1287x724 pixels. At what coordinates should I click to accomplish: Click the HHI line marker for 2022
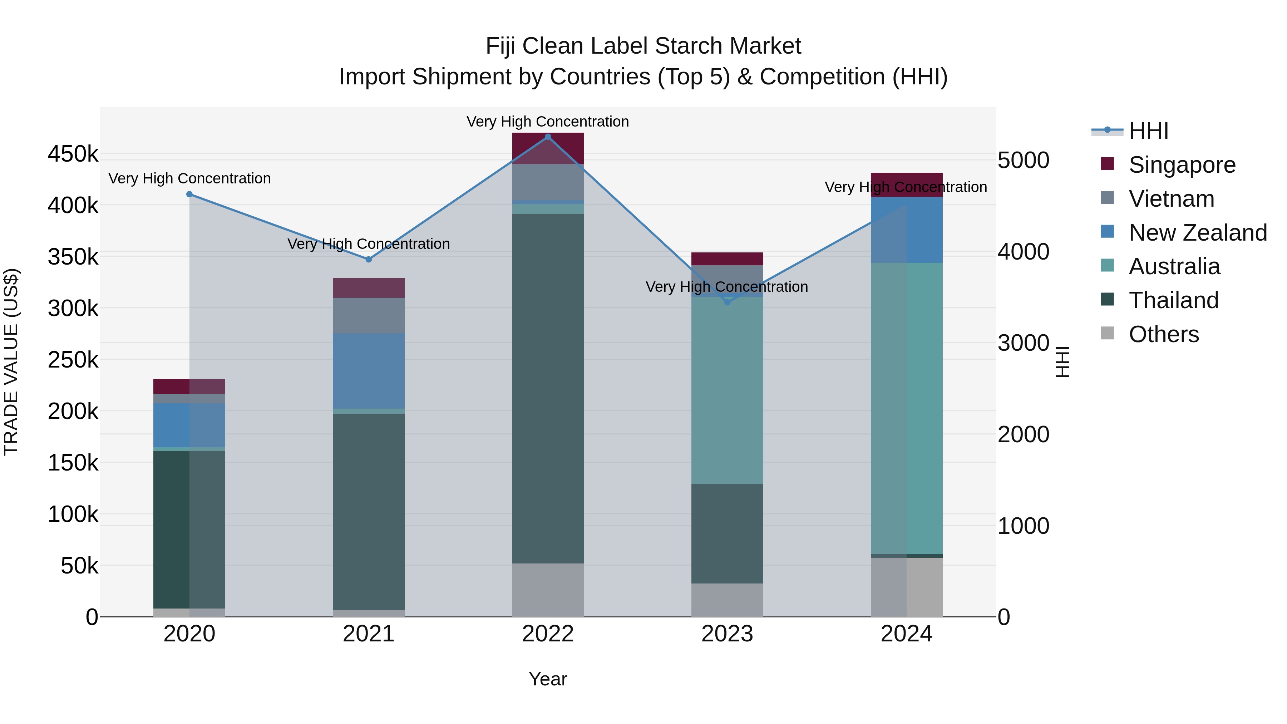[548, 137]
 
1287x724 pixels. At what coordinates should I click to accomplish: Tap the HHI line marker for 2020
[189, 194]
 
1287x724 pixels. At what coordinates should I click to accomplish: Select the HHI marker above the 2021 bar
[369, 259]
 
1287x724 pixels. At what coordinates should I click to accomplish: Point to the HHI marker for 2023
[727, 302]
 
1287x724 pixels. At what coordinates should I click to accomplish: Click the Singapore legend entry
[1182, 165]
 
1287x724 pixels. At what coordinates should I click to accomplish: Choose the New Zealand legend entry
[1197, 233]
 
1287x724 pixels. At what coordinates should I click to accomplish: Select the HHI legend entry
[1148, 131]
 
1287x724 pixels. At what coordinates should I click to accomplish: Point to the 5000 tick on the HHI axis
[1023, 161]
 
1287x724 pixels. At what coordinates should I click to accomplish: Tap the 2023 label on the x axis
[727, 634]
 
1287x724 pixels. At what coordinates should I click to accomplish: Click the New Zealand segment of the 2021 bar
[369, 371]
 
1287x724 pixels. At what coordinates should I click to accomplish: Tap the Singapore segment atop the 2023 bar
[727, 259]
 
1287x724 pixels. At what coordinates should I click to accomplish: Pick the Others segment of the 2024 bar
[906, 587]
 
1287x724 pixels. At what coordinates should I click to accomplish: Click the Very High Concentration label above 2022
[548, 122]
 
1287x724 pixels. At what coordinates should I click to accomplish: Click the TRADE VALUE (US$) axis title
[11, 362]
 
